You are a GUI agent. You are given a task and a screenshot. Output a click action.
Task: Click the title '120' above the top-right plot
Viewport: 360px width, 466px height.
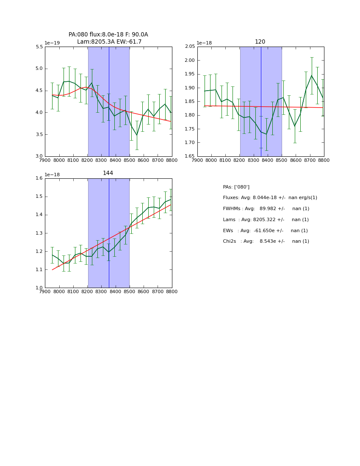pos(260,42)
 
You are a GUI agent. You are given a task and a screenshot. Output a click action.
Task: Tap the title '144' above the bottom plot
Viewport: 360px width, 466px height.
pos(108,173)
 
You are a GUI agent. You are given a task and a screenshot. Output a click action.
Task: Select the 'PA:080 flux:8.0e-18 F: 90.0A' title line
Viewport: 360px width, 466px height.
pos(108,35)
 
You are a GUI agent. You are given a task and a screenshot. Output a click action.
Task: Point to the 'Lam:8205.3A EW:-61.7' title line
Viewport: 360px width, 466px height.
pos(109,42)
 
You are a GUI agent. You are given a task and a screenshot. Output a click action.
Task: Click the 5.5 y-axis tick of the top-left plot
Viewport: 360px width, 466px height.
pos(39,47)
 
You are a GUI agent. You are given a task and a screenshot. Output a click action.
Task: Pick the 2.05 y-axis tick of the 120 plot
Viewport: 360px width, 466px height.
pos(190,47)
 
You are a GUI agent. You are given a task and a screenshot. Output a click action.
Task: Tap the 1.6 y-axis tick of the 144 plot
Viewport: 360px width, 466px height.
pos(39,178)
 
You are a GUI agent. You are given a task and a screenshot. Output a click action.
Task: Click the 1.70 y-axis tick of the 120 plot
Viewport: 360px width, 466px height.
pos(190,143)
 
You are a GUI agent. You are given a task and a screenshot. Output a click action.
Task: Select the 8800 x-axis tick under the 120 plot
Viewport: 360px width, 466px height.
pos(324,160)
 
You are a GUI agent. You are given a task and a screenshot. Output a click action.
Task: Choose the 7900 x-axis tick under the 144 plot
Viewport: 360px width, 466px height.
pos(45,291)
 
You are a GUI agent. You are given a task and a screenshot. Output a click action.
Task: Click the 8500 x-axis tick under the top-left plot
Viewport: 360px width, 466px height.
pos(130,160)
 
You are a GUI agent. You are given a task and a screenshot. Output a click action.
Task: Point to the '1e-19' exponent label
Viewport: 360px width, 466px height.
pos(52,43)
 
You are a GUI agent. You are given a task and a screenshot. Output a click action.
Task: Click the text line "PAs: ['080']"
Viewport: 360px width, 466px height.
pos(236,187)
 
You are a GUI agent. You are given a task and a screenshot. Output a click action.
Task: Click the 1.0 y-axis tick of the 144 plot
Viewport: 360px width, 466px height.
pos(39,288)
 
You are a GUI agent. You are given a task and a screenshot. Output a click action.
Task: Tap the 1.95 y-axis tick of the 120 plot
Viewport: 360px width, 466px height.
pos(190,74)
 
